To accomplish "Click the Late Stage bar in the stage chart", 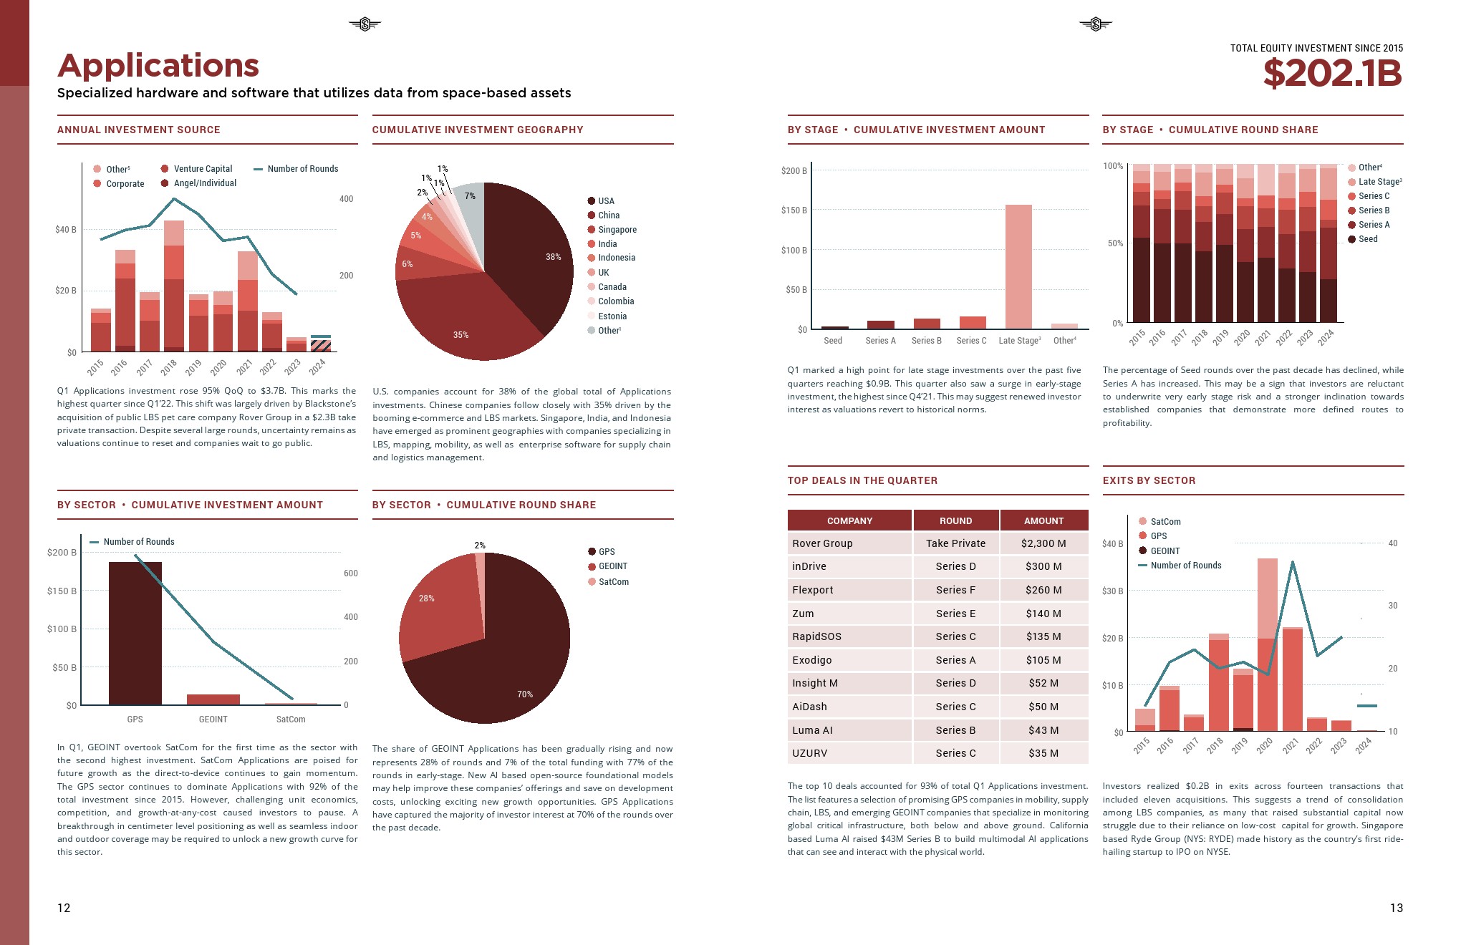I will pos(1018,266).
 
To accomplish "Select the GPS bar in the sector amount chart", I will pos(135,633).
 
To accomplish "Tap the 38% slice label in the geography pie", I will pos(553,257).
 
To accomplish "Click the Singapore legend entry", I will pos(617,230).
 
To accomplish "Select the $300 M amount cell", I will pos(1043,566).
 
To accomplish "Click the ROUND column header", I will pos(955,520).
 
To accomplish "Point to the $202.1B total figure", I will pos(1332,73).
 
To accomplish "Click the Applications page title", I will pos(158,66).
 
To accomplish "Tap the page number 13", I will pos(1396,908).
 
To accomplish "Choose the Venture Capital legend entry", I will pos(203,169).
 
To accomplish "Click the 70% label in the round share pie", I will pos(525,694).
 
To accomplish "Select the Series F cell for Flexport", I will pos(955,590).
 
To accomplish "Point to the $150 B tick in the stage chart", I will pos(794,210).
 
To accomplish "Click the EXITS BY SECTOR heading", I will pos(1149,480).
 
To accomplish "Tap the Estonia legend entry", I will pos(612,316).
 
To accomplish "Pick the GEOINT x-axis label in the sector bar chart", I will pos(213,719).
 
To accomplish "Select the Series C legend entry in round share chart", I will pos(1374,196).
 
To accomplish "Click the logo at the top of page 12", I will pos(365,25).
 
